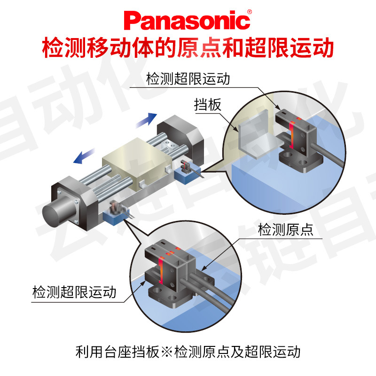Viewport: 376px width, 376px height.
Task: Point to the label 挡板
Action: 207,105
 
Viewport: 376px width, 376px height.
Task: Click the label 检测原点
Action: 285,230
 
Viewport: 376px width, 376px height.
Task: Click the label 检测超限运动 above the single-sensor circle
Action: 188,78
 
